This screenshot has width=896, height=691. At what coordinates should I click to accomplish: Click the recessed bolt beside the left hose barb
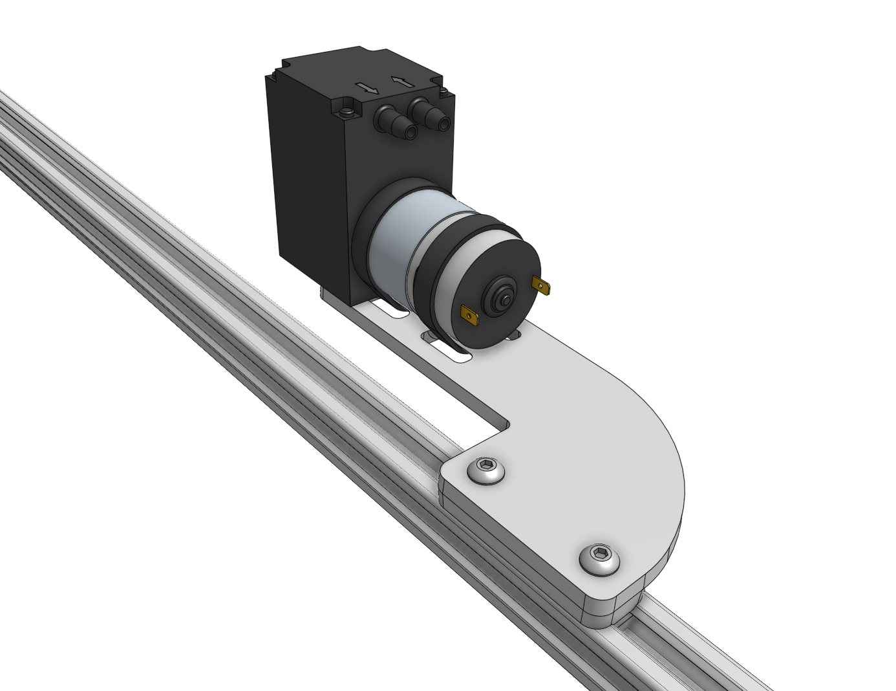tap(348, 111)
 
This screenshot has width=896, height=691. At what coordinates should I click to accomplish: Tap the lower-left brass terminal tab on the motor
tap(469, 316)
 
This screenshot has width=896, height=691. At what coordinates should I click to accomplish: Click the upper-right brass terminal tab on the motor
tap(541, 284)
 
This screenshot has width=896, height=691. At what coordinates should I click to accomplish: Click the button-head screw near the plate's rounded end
tap(599, 559)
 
